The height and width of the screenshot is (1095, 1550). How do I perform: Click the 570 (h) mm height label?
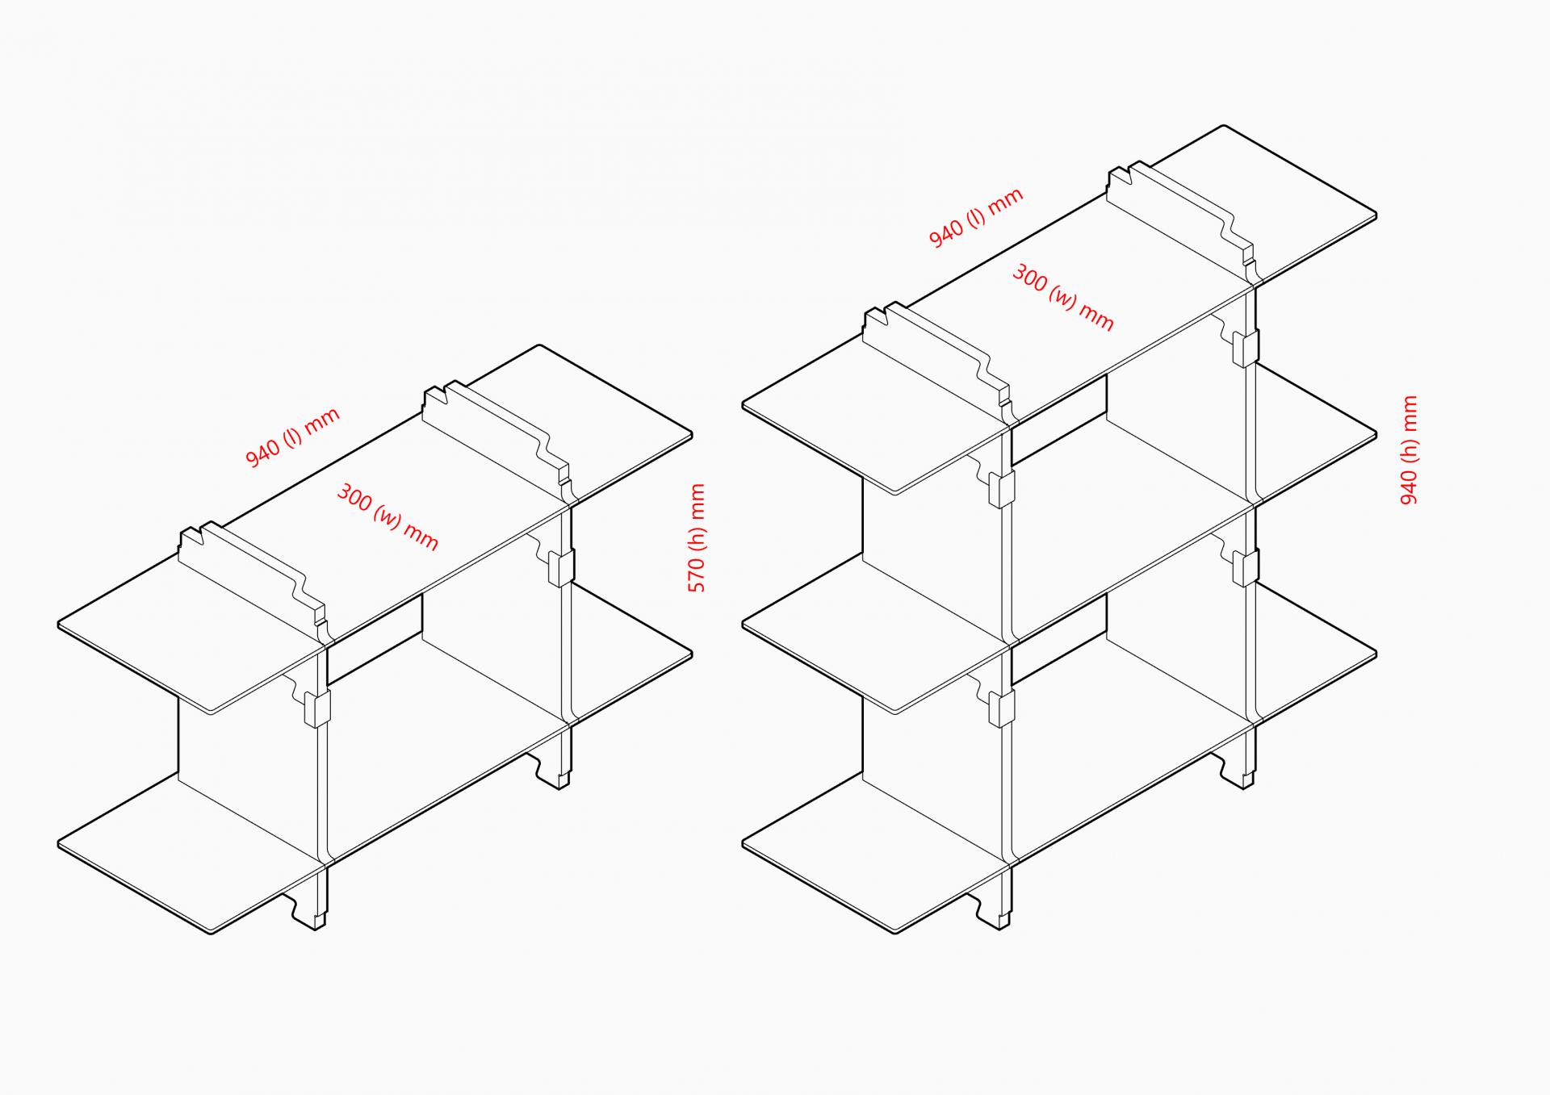[697, 538]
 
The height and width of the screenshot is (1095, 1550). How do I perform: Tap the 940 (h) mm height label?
[1409, 450]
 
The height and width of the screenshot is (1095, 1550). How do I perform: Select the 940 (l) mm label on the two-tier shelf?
[292, 437]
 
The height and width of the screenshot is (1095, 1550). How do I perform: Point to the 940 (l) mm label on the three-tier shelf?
[976, 218]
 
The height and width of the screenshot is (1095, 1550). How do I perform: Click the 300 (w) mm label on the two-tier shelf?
[387, 517]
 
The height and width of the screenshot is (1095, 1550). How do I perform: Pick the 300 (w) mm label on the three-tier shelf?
[1062, 297]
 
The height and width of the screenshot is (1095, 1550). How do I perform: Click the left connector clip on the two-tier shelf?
[316, 707]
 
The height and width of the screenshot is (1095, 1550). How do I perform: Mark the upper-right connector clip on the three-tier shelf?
[1246, 347]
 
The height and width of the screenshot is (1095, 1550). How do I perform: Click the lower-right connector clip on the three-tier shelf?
[1246, 567]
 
